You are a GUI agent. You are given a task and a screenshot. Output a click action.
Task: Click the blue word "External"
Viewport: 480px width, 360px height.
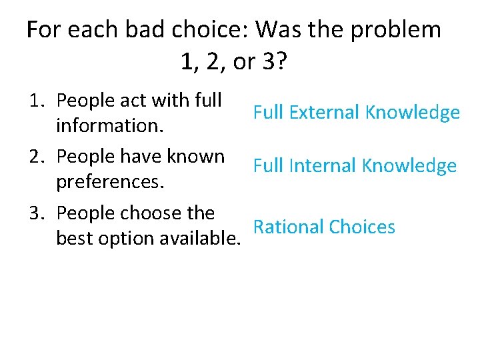[317, 113]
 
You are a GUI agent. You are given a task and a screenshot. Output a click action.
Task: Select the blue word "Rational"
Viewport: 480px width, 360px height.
[289, 227]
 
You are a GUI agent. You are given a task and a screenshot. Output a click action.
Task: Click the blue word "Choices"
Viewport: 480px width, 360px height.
[362, 227]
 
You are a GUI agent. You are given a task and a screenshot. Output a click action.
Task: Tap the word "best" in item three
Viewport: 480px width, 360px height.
[75, 238]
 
